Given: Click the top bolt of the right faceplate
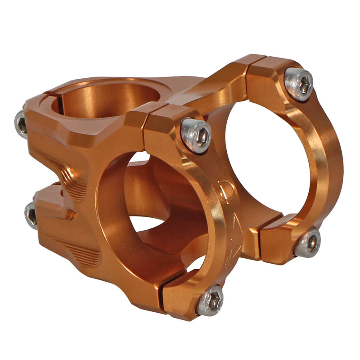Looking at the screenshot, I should click(x=299, y=84).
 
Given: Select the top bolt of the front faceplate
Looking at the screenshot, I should click(x=196, y=135).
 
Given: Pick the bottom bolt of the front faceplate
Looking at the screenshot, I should click(x=211, y=300).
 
